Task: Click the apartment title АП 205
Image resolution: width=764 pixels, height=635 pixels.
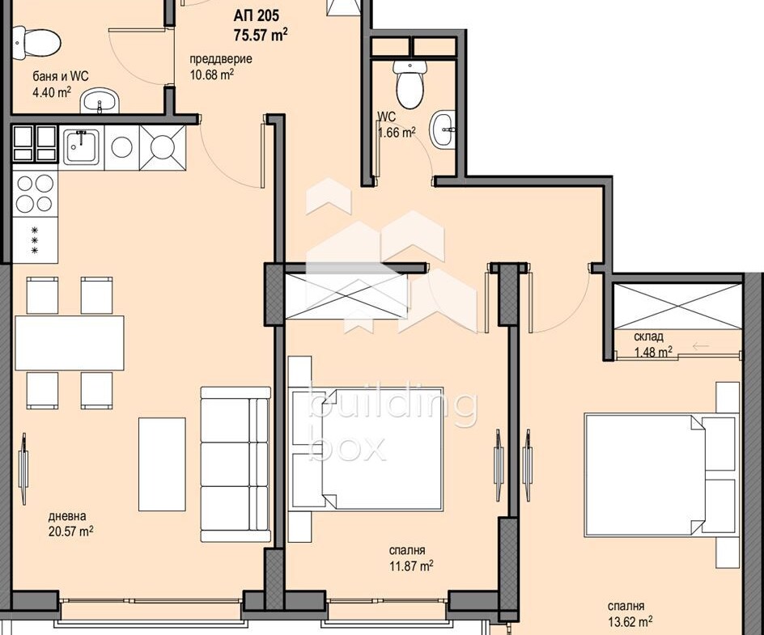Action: [x=256, y=16]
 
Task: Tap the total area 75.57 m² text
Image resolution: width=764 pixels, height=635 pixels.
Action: [x=261, y=35]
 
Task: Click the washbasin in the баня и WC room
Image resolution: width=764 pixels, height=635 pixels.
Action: [x=100, y=101]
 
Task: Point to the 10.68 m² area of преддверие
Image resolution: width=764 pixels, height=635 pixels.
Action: [x=211, y=75]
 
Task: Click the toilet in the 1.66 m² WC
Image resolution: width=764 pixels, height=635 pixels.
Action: [x=410, y=84]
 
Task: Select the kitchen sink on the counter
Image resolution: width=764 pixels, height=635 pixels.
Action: [x=82, y=146]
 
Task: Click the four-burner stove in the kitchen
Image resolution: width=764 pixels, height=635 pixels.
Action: [x=35, y=193]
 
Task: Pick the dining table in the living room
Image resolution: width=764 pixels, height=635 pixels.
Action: [x=69, y=343]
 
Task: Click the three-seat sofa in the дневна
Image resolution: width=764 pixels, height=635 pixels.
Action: [x=236, y=464]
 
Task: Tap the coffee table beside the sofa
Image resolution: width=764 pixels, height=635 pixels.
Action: [x=162, y=464]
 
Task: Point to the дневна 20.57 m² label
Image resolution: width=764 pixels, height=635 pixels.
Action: [x=70, y=523]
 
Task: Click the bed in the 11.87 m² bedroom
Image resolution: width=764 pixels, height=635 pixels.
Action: [x=366, y=449]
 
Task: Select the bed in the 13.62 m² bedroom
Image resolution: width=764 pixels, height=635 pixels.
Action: [x=662, y=475]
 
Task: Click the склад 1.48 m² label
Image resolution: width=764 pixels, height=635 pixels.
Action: [x=653, y=344]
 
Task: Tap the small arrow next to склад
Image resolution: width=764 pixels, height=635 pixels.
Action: [x=700, y=346]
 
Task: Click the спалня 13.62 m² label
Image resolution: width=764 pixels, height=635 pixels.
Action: [x=630, y=614]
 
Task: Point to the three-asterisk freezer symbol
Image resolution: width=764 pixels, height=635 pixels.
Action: [x=35, y=240]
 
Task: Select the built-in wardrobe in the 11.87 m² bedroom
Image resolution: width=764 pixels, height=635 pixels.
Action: [x=346, y=297]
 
